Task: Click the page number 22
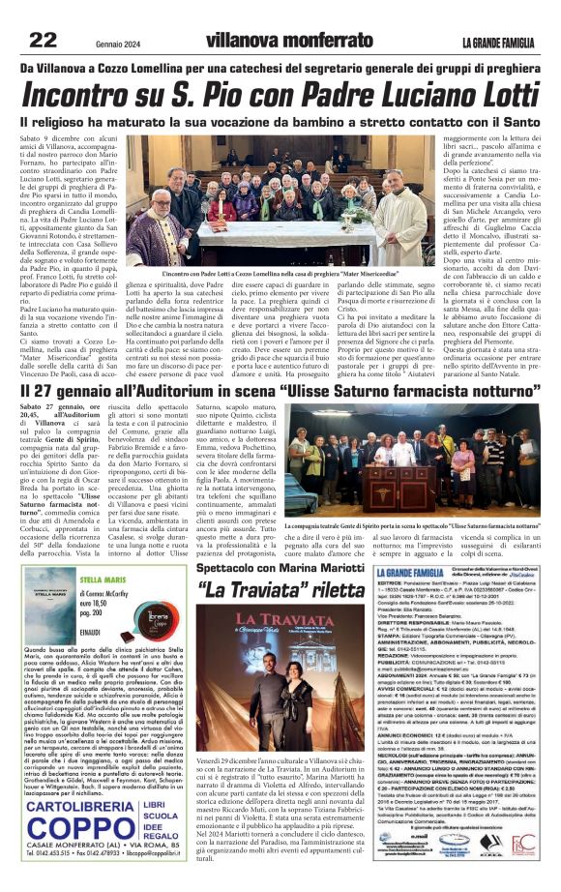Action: [x=42, y=40]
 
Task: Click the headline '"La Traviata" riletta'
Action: [x=267, y=589]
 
